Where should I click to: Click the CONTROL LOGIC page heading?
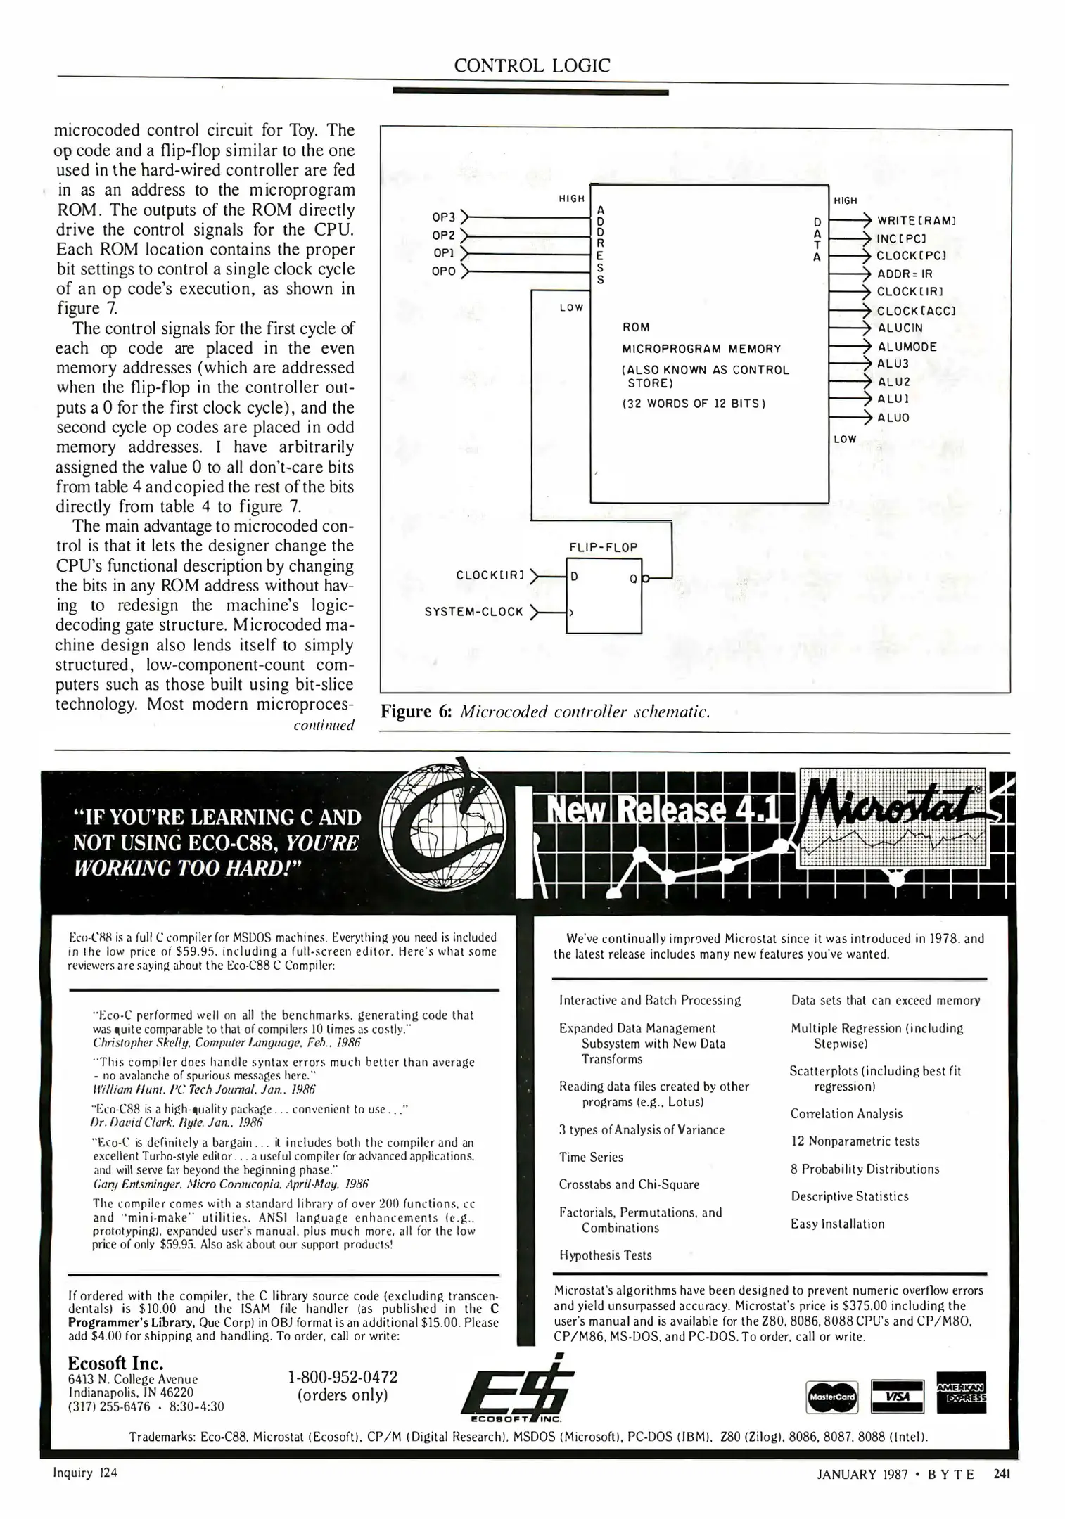click(532, 66)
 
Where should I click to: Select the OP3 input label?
click(444, 217)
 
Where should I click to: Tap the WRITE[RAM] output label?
click(916, 220)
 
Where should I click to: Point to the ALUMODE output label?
click(907, 347)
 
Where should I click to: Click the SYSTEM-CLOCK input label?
click(474, 612)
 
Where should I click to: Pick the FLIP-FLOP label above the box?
click(603, 547)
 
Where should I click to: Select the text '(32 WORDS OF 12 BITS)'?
click(694, 404)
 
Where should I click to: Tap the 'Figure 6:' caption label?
click(416, 712)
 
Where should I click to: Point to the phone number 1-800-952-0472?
click(343, 1376)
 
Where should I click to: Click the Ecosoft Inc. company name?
click(115, 1362)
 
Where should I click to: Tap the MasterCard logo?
click(831, 1397)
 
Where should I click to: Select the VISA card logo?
click(897, 1396)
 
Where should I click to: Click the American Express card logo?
click(961, 1392)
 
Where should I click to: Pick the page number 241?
click(1001, 1475)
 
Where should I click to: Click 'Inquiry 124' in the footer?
click(85, 1473)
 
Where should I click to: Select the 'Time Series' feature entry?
click(591, 1157)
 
